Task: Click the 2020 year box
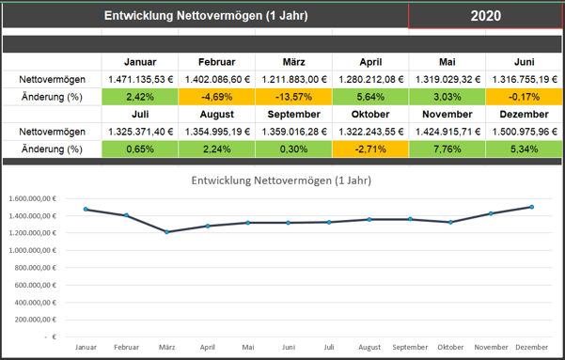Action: (485, 16)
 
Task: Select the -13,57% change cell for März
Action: (293, 96)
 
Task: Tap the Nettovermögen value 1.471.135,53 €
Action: (139, 79)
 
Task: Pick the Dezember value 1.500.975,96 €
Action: (525, 131)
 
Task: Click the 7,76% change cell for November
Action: (447, 148)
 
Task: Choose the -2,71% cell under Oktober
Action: (370, 148)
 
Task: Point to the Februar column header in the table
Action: (216, 62)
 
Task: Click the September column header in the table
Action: (293, 114)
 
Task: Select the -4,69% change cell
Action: (216, 96)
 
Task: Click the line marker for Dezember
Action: (531, 207)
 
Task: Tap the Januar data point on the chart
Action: (86, 210)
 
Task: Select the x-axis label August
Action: (369, 347)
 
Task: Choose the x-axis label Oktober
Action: (450, 347)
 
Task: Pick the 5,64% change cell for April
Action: (370, 96)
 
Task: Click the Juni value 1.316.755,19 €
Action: (525, 79)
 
